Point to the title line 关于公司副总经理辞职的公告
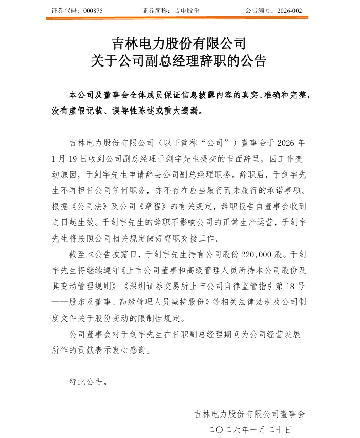click(179, 61)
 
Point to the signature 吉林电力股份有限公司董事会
click(249, 414)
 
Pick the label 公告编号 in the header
click(259, 10)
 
